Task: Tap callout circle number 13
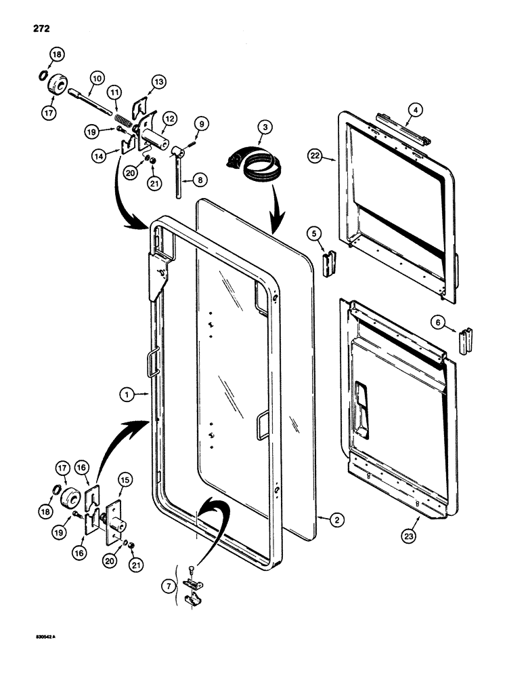coord(158,82)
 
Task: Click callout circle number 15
coord(126,479)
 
